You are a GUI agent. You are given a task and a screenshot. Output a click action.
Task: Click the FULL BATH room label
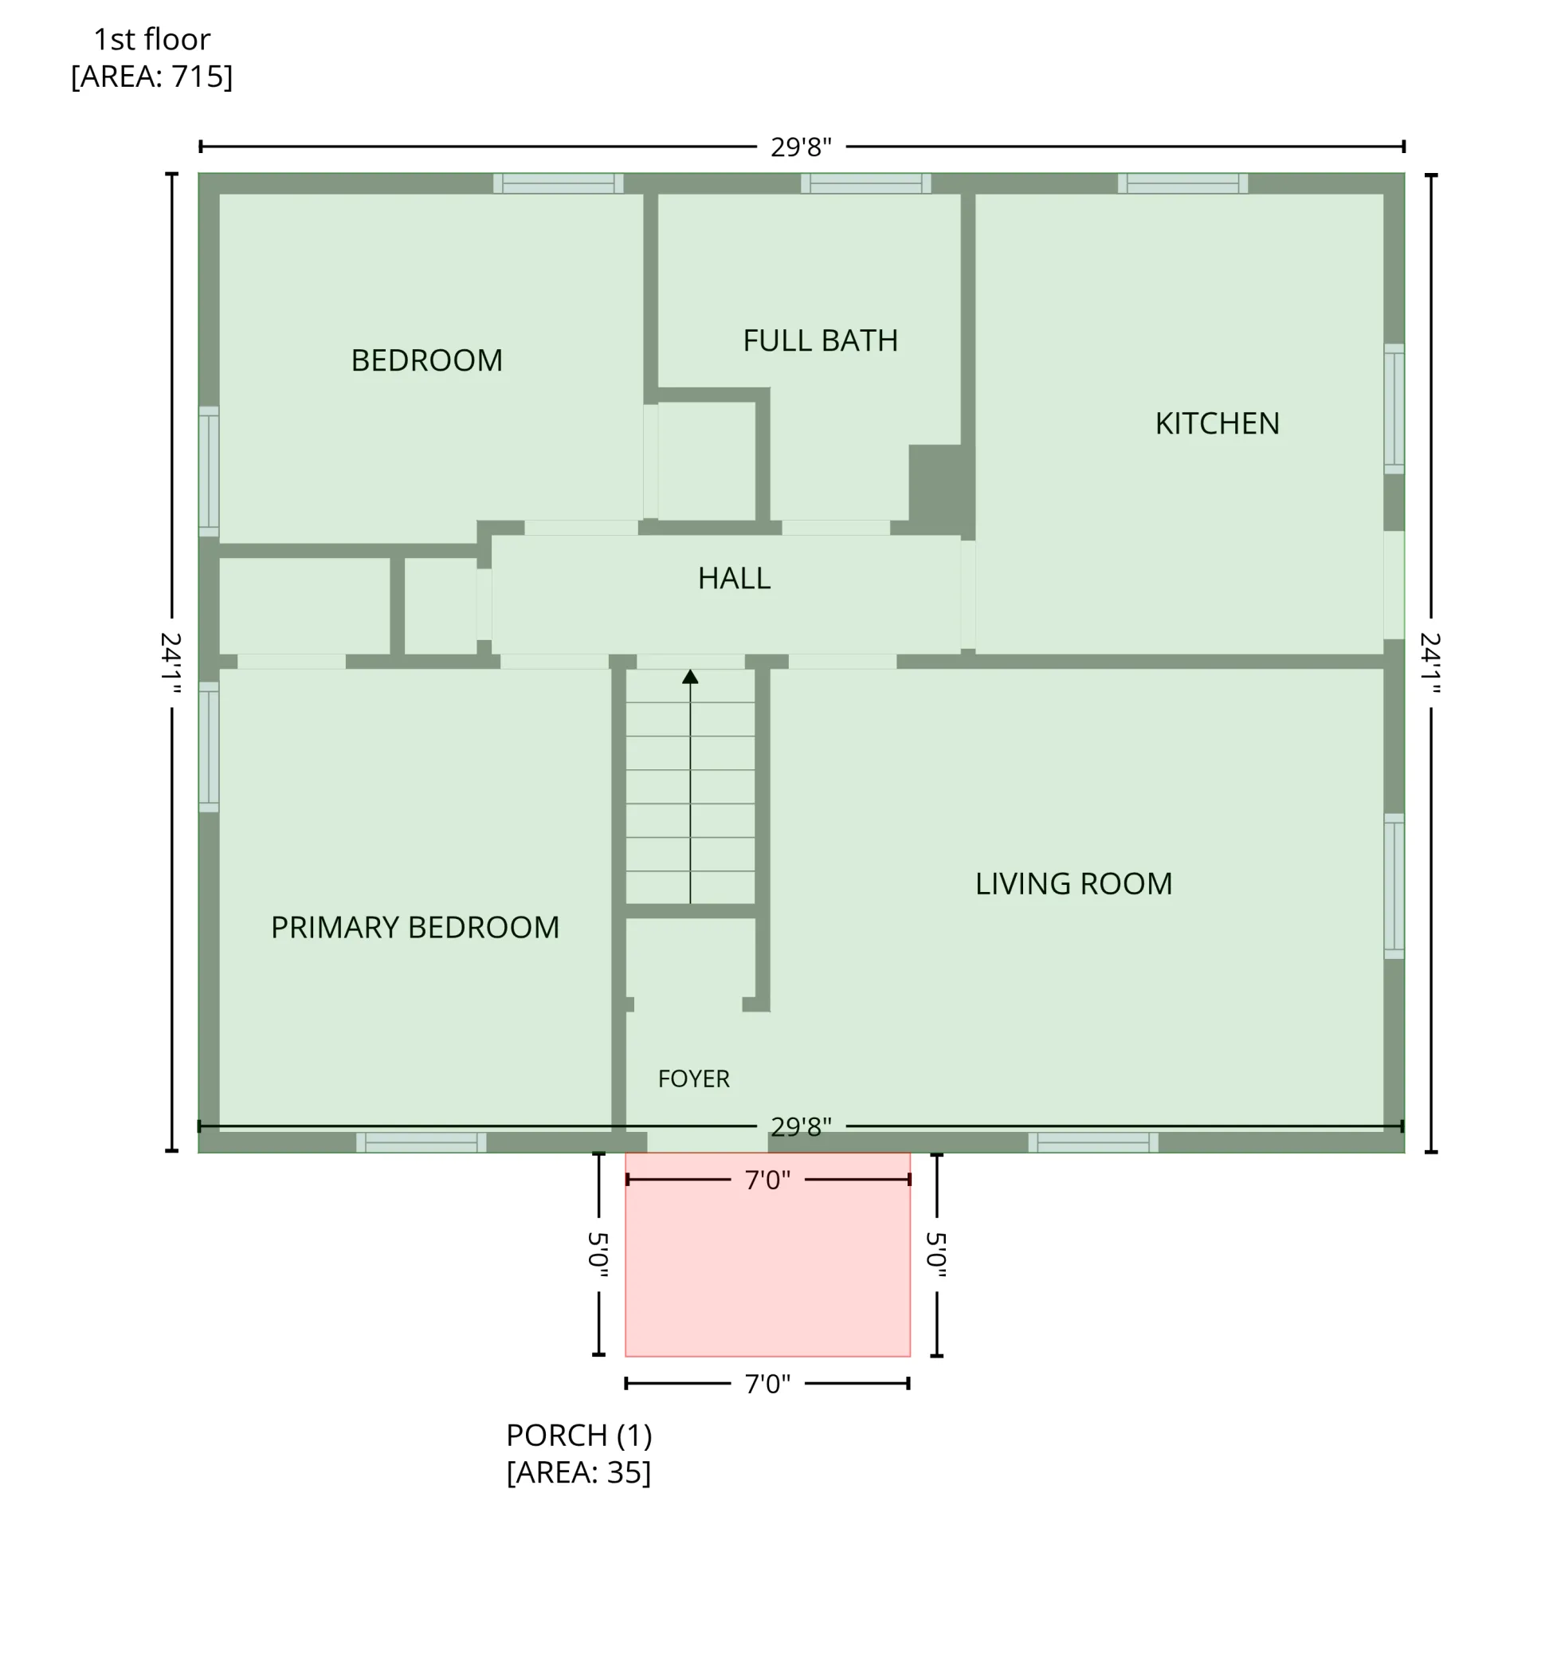click(x=821, y=340)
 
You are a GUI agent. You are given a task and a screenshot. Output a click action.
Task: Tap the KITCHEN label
click(x=1218, y=424)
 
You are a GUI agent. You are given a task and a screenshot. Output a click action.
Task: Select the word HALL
click(x=734, y=578)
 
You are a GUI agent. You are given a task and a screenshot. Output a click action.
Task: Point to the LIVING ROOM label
click(x=1074, y=884)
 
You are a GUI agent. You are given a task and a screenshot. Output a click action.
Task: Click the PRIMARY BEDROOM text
click(x=415, y=927)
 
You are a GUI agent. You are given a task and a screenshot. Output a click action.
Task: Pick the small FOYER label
click(x=694, y=1079)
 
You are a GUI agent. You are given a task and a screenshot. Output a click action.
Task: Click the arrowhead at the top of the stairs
click(x=690, y=677)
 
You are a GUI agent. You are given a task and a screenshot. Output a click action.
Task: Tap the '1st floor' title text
click(x=151, y=39)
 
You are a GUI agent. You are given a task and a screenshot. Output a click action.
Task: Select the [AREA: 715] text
click(x=151, y=77)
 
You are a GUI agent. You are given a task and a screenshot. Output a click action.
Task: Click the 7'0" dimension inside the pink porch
click(x=767, y=1180)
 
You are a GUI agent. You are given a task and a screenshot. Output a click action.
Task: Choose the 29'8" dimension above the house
click(x=800, y=147)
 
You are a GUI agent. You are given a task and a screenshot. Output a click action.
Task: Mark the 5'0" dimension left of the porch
click(x=598, y=1255)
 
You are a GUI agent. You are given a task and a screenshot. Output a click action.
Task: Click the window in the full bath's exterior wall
click(x=865, y=183)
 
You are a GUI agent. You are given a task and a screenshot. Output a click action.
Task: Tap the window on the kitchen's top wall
click(x=1182, y=183)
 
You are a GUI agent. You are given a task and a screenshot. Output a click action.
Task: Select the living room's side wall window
click(x=1394, y=886)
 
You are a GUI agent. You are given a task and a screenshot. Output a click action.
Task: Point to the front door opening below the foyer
click(x=707, y=1142)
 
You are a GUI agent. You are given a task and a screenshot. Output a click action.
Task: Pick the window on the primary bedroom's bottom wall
click(x=421, y=1142)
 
